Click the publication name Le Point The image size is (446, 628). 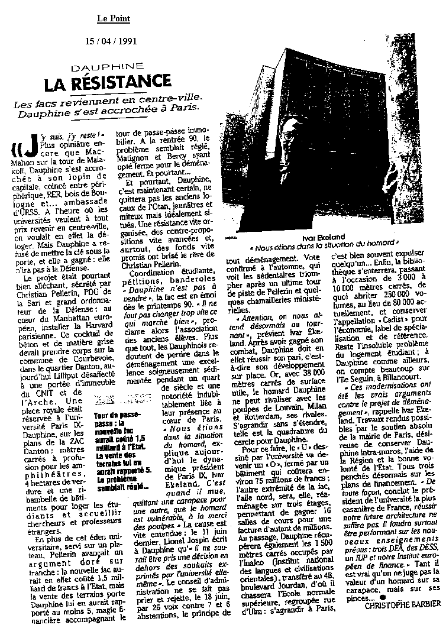point(114,18)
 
